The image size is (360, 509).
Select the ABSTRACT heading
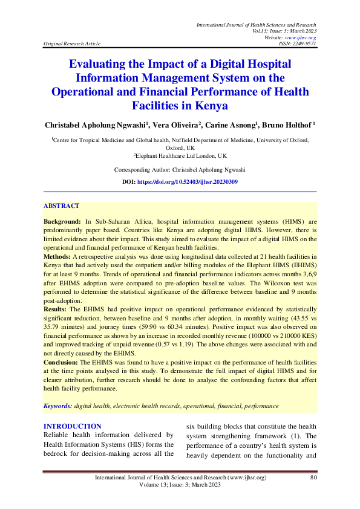coord(61,206)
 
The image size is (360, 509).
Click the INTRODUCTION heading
coord(71,426)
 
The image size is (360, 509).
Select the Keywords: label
coord(58,406)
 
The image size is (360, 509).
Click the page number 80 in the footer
coord(313,478)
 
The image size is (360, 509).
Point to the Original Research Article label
coord(71,44)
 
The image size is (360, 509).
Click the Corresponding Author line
coord(180,170)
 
